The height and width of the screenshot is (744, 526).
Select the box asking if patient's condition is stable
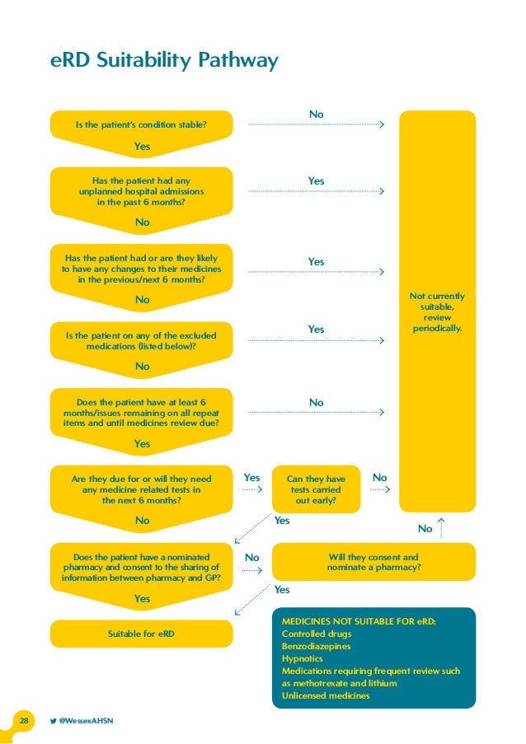[141, 125]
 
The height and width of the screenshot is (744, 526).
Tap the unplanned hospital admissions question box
[142, 190]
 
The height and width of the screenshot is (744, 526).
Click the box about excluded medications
[141, 341]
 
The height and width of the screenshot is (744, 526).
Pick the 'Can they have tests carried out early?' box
[316, 489]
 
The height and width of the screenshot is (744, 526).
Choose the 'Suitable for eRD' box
[141, 634]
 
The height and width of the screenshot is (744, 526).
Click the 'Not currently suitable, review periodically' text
[437, 311]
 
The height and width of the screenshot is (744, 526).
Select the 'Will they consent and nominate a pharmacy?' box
[373, 562]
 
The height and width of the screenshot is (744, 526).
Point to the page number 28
[24, 721]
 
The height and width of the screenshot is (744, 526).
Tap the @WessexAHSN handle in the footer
[86, 721]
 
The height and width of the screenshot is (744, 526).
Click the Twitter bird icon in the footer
[53, 721]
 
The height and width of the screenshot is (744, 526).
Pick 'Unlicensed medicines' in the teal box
[326, 695]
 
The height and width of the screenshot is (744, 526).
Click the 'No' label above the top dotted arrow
[316, 113]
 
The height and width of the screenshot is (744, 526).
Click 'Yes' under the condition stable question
[142, 146]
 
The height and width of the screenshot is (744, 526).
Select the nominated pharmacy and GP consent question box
[141, 567]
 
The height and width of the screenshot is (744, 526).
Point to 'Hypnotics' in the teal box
[303, 658]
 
